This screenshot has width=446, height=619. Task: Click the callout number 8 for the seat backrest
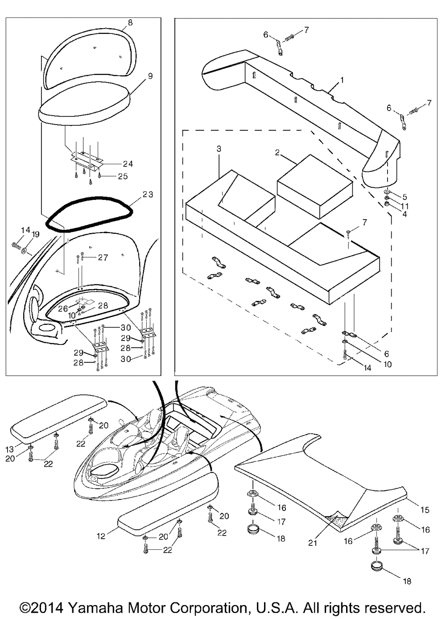130,22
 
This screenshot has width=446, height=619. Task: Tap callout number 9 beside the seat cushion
150,76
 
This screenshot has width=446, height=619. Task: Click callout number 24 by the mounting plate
116,163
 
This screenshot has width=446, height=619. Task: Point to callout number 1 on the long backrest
342,80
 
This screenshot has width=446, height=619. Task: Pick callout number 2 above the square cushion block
277,153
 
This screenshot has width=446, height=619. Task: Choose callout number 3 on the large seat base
219,149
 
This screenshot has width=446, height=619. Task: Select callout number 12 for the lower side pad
101,536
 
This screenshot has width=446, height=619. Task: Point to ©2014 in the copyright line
42,608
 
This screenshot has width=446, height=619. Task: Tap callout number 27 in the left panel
103,258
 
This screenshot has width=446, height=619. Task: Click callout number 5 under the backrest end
405,196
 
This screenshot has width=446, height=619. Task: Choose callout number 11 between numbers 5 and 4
405,206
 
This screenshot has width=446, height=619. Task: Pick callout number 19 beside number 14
36,234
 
